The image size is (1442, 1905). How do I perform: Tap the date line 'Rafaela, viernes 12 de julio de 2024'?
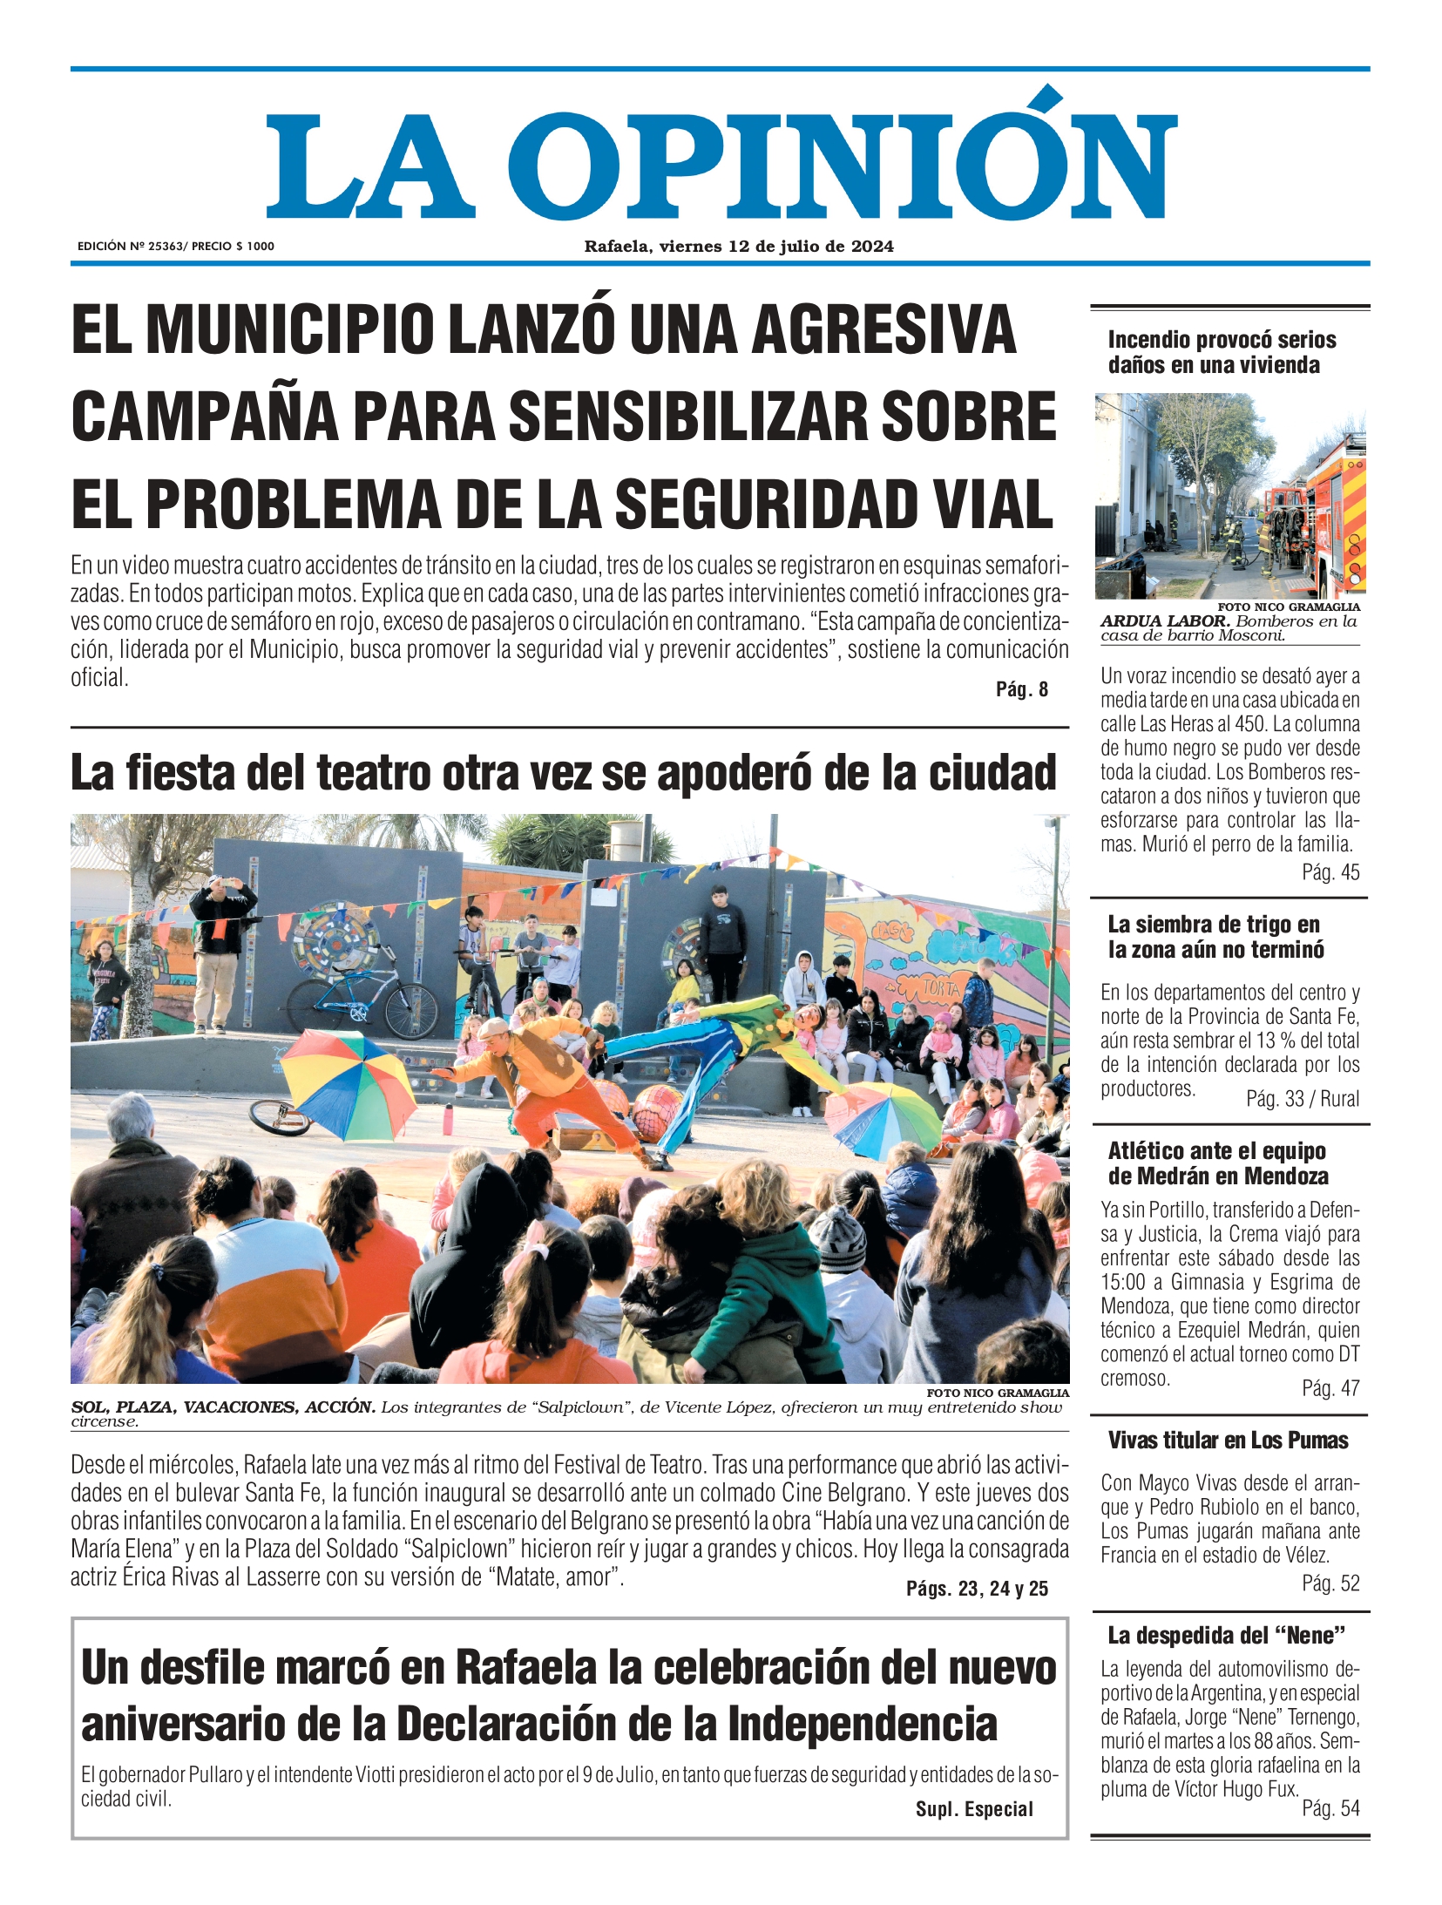click(x=738, y=247)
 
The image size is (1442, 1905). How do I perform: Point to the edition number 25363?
click(x=166, y=247)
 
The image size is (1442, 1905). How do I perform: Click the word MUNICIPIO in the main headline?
click(x=290, y=329)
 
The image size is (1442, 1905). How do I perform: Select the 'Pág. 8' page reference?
click(x=1021, y=689)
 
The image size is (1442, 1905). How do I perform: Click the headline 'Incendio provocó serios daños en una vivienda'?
click(x=1221, y=352)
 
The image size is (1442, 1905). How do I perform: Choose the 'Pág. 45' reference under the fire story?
click(x=1330, y=872)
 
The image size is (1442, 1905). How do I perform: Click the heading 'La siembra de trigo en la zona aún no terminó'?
click(x=1215, y=937)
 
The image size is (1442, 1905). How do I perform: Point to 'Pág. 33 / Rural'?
click(x=1302, y=1099)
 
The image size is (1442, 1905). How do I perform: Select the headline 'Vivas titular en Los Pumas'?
click(x=1227, y=1441)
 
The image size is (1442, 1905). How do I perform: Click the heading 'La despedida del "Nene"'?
click(x=1226, y=1636)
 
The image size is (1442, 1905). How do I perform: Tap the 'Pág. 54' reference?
click(x=1330, y=1809)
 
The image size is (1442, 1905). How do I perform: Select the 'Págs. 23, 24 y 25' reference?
click(x=976, y=1589)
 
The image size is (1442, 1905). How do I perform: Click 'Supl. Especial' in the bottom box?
click(x=973, y=1810)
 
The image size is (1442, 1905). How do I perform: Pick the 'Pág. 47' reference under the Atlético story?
click(x=1330, y=1388)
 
